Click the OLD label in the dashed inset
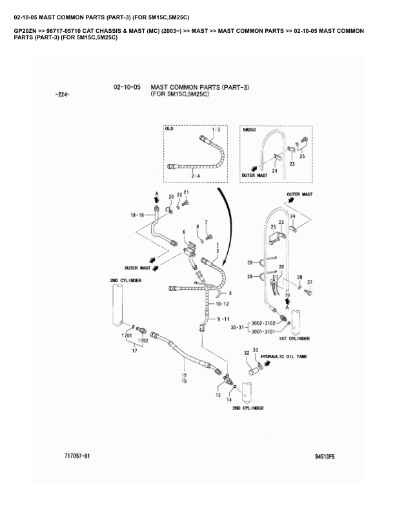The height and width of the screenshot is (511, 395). click(170, 129)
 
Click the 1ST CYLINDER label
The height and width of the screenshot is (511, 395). click(294, 338)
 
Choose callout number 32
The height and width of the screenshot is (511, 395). click(247, 353)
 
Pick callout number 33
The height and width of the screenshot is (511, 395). click(255, 350)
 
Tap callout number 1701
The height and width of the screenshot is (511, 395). click(126, 336)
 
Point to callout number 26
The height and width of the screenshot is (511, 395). click(281, 266)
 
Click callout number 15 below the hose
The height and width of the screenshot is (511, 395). click(184, 376)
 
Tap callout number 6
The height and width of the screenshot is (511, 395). click(184, 232)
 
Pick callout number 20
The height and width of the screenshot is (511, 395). click(171, 196)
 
